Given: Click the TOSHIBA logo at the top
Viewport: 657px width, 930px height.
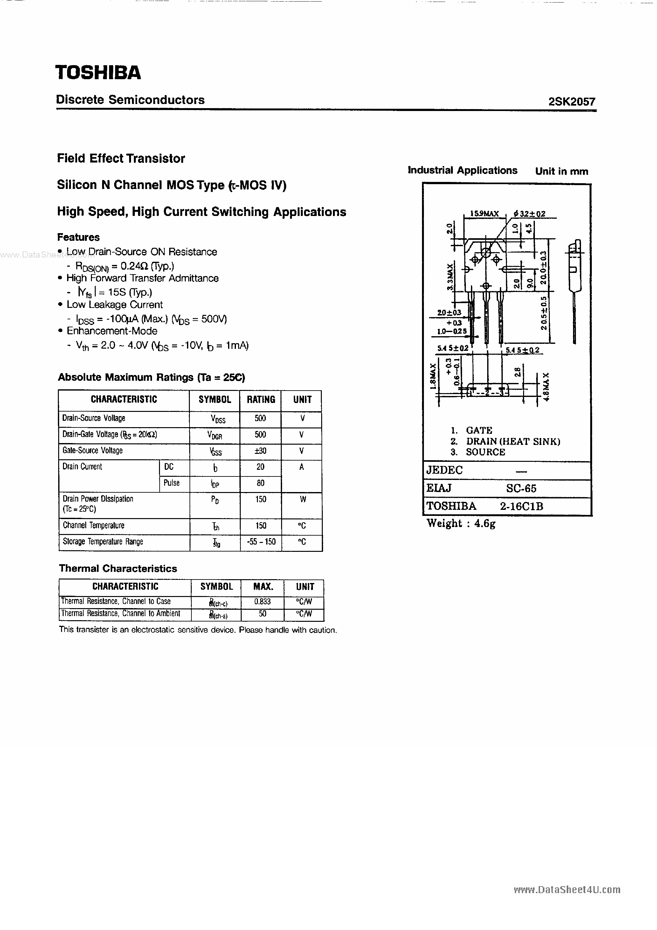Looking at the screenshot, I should [x=98, y=73].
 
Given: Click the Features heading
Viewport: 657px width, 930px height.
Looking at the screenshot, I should [x=78, y=237].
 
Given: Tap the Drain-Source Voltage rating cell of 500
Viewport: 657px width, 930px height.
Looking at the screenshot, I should [x=260, y=419].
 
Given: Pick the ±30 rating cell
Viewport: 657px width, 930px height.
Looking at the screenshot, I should [x=260, y=451].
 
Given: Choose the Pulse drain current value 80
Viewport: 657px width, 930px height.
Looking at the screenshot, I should [x=260, y=483].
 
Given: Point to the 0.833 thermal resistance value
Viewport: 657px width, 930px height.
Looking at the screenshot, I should [x=262, y=601].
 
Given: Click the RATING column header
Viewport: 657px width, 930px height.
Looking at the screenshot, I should [x=261, y=399].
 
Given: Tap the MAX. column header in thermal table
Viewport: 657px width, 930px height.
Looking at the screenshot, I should [x=263, y=586].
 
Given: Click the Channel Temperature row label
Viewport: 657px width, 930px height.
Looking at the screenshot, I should [x=93, y=525].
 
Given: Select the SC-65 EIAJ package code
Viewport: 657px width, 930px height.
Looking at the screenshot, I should [x=521, y=489].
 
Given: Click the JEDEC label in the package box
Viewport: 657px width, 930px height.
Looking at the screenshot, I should [x=444, y=470].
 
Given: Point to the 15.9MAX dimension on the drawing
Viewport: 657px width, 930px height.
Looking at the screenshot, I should [x=484, y=213].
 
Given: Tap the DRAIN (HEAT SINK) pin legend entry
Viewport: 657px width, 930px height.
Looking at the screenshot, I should [x=513, y=441].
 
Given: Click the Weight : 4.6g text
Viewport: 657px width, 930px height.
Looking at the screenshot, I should [x=461, y=524].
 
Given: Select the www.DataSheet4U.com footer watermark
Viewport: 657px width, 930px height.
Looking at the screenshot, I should [x=567, y=890].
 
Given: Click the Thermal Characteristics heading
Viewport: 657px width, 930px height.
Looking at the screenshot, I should [x=118, y=568].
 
